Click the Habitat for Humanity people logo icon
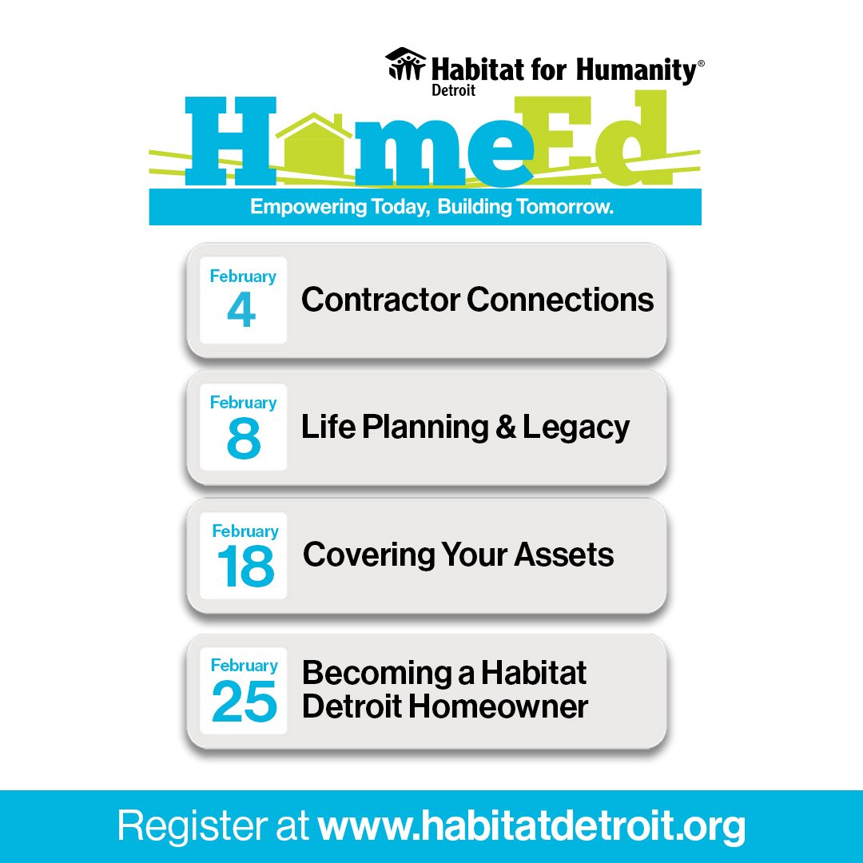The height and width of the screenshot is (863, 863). pyautogui.click(x=405, y=64)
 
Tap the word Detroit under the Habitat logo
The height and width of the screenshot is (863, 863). pyautogui.click(x=453, y=91)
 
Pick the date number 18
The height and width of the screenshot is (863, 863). pyautogui.click(x=245, y=567)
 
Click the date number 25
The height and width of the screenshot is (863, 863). pyautogui.click(x=244, y=702)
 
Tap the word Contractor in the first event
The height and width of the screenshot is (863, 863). pyautogui.click(x=380, y=300)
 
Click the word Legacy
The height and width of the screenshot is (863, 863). pyautogui.click(x=576, y=428)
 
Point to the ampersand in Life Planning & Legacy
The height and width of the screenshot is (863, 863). pyautogui.click(x=505, y=428)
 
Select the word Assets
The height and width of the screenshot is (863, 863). pyautogui.click(x=564, y=555)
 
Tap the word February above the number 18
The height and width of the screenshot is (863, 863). pyautogui.click(x=245, y=531)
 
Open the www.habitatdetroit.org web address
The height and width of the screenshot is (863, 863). pyautogui.click(x=531, y=826)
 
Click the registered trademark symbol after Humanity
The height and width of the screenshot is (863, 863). pyautogui.click(x=701, y=62)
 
